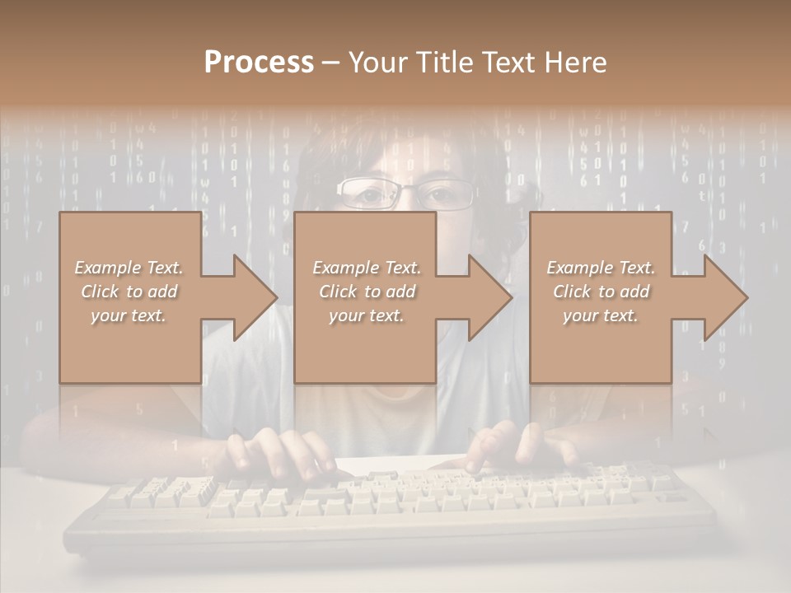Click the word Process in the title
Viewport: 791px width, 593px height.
[259, 63]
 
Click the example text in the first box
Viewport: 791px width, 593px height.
[129, 292]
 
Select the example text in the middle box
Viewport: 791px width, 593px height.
[367, 292]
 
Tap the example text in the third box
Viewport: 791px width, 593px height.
[601, 292]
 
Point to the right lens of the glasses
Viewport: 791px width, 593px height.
[445, 195]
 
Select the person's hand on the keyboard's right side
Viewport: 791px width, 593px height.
[519, 449]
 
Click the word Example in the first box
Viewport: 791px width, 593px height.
[107, 268]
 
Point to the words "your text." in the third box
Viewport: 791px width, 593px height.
[601, 315]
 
